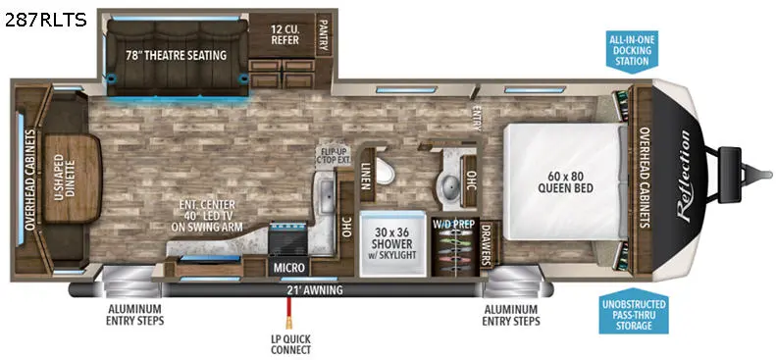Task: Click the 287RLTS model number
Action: click(x=45, y=20)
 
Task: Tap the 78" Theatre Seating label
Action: click(x=176, y=55)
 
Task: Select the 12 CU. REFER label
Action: click(x=285, y=34)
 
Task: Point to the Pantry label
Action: click(x=324, y=34)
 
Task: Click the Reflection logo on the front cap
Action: click(x=684, y=176)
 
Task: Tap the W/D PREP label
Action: click(x=454, y=224)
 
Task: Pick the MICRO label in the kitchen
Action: click(x=289, y=268)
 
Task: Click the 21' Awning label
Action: click(x=314, y=290)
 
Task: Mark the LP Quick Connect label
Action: click(x=287, y=344)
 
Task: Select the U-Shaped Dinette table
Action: click(x=73, y=178)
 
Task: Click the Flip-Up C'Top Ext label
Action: click(x=334, y=155)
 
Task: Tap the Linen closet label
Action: click(x=366, y=176)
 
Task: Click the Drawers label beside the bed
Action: click(x=486, y=243)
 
